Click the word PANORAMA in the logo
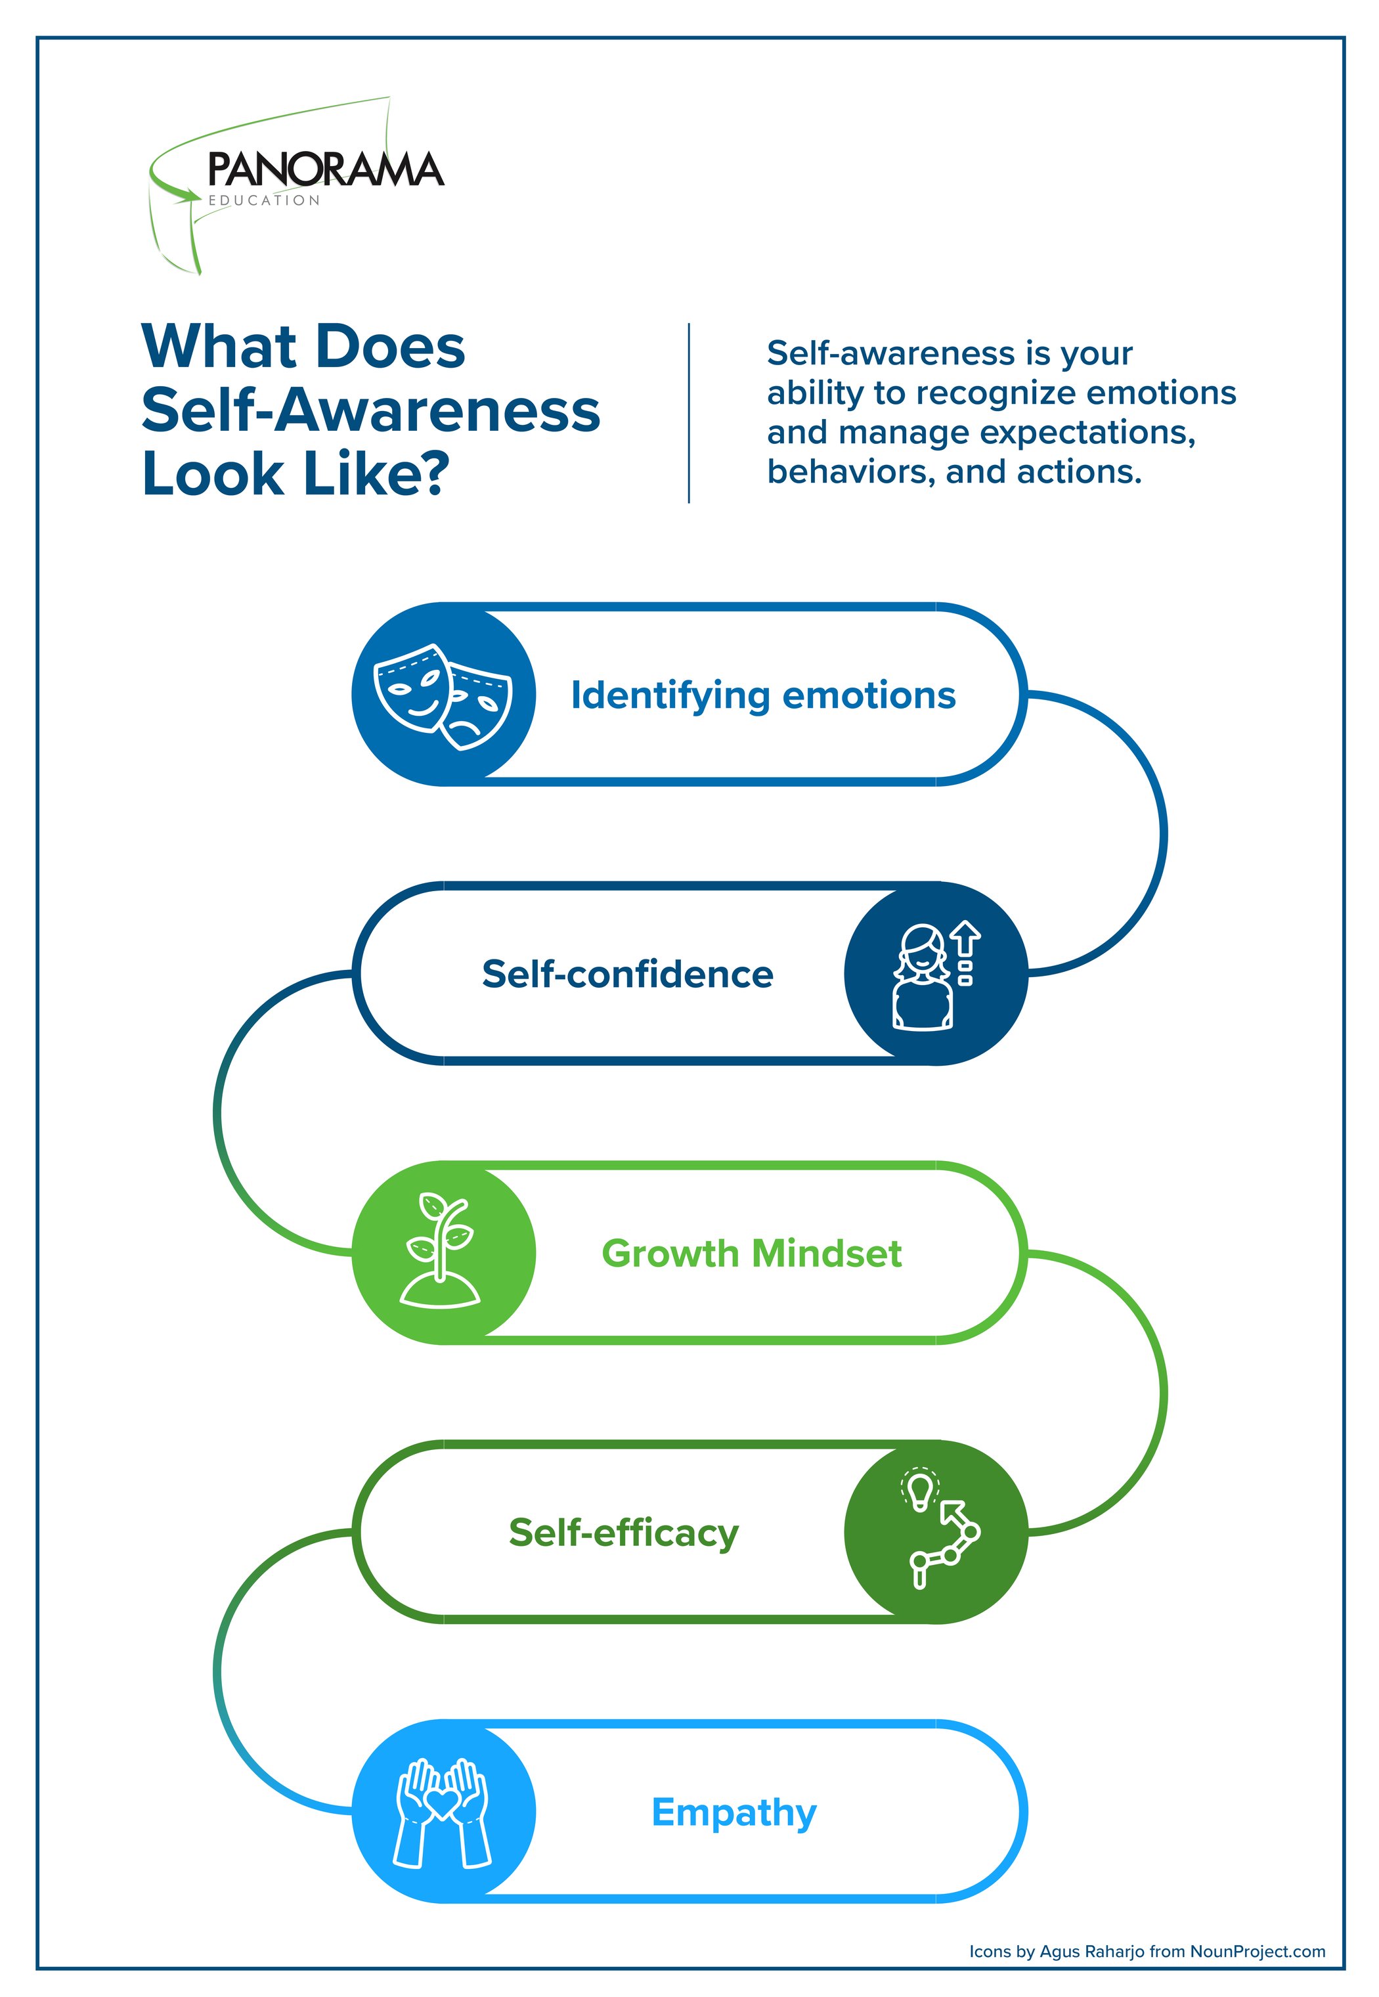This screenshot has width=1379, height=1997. click(x=325, y=169)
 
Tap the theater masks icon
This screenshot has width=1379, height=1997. click(x=443, y=695)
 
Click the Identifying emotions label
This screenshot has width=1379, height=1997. click(x=763, y=695)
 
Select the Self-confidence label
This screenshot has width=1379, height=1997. click(x=627, y=974)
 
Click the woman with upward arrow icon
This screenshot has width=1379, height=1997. click(x=936, y=975)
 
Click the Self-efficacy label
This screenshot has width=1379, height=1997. click(x=623, y=1532)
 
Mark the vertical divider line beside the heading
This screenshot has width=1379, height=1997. click(x=689, y=413)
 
